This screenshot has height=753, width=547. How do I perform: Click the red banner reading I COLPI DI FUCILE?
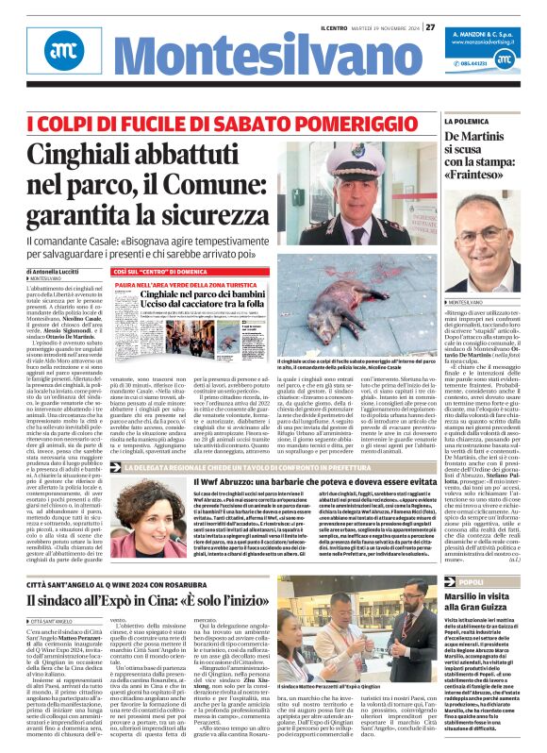click(x=193, y=122)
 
